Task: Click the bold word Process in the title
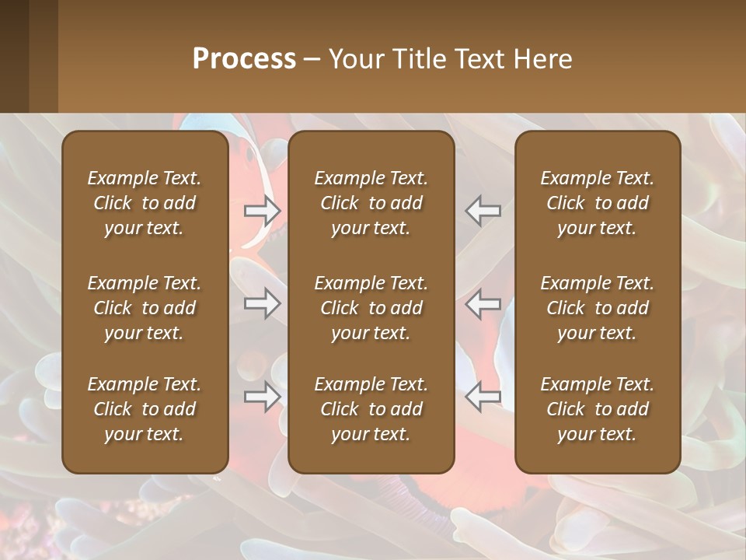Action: click(244, 59)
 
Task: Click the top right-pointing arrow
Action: click(263, 210)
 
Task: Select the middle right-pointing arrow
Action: click(263, 303)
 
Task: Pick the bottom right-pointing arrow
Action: click(263, 397)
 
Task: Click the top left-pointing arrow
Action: click(483, 210)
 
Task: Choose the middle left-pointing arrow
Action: click(483, 303)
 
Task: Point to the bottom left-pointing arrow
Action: click(483, 397)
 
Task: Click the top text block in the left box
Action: click(145, 203)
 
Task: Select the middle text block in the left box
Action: click(145, 308)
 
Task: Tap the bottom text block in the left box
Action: click(145, 409)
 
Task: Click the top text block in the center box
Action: click(371, 203)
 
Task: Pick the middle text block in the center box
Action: click(371, 308)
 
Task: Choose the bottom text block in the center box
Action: click(371, 409)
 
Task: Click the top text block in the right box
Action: click(598, 203)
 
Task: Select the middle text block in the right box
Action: click(598, 308)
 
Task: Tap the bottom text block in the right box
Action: click(598, 409)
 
